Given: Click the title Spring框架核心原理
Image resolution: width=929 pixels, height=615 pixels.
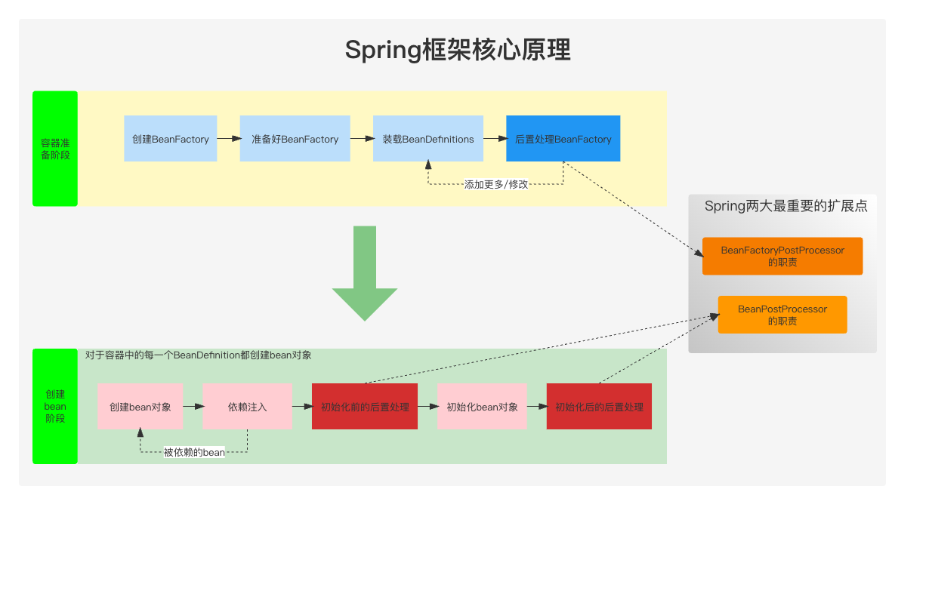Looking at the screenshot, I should click(x=458, y=50).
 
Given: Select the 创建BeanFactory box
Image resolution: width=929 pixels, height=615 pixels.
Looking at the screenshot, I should click(x=170, y=139).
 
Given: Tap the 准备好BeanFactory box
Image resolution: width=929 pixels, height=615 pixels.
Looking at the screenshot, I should click(x=295, y=139).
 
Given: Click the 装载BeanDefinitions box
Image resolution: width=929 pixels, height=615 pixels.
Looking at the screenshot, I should click(x=427, y=139).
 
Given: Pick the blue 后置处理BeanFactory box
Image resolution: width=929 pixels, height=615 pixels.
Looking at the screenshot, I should click(x=563, y=139).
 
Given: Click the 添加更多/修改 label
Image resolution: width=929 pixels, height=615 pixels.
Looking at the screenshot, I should click(x=496, y=184).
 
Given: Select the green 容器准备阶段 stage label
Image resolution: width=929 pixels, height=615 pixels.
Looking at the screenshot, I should click(x=55, y=149).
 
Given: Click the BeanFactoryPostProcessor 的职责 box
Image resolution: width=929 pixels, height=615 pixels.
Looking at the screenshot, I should click(x=782, y=257).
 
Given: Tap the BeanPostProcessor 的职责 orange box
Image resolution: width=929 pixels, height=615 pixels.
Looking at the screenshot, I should click(x=782, y=315).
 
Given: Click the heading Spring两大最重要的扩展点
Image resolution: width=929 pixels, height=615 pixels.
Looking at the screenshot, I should click(x=785, y=206).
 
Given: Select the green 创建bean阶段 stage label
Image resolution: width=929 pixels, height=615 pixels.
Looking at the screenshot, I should click(x=55, y=406).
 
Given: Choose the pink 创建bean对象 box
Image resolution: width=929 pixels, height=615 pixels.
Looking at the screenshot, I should click(x=140, y=407).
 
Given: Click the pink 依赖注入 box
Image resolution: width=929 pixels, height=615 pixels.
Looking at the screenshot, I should click(x=248, y=407).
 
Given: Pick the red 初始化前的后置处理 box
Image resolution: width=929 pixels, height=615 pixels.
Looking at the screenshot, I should click(x=365, y=407).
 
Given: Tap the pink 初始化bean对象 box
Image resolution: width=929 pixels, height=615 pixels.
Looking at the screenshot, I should click(x=482, y=407).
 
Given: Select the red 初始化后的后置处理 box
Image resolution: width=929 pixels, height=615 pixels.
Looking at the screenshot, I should click(x=599, y=407).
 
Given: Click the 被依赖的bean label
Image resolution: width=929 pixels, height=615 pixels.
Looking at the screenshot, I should click(x=194, y=452).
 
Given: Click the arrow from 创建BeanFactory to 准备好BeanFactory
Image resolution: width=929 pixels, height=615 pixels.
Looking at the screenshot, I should click(x=228, y=139).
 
